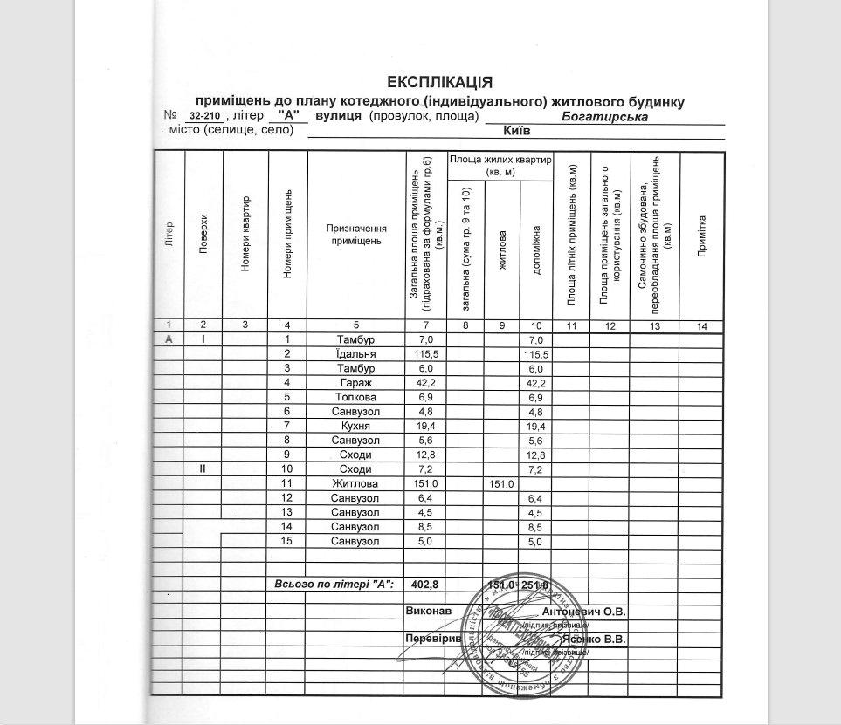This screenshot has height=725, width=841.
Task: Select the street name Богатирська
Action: [x=604, y=116]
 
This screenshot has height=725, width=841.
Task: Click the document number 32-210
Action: [x=203, y=116]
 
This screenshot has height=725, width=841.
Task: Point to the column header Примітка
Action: [x=701, y=236]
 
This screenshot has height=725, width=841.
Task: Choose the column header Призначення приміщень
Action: [x=355, y=234]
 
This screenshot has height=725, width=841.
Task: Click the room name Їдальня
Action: [x=355, y=354]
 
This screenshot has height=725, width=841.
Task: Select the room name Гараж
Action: [x=355, y=384]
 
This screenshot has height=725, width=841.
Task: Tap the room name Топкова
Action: [x=355, y=399]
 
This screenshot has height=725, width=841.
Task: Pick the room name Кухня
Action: [x=355, y=426]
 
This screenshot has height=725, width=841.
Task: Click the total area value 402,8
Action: [x=426, y=584]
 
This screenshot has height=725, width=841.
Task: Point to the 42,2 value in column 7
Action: [x=426, y=384]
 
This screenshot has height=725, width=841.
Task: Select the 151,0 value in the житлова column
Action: [x=501, y=483]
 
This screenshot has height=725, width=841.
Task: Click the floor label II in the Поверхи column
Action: [x=203, y=469]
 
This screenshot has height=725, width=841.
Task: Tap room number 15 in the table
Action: [x=286, y=541]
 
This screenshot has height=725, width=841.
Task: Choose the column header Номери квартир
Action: [x=246, y=234]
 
